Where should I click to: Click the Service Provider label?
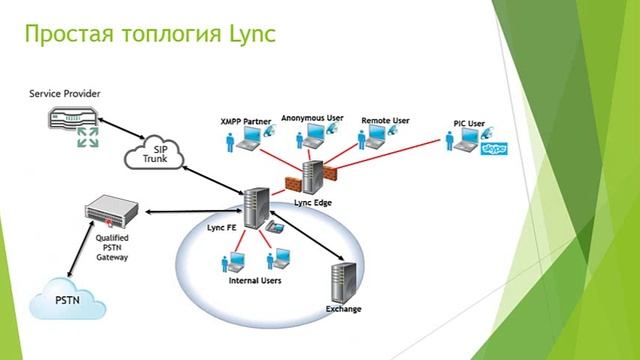(x=64, y=93)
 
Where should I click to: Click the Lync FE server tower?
(x=254, y=206)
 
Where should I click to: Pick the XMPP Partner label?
(x=245, y=121)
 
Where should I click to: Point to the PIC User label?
(x=469, y=123)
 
